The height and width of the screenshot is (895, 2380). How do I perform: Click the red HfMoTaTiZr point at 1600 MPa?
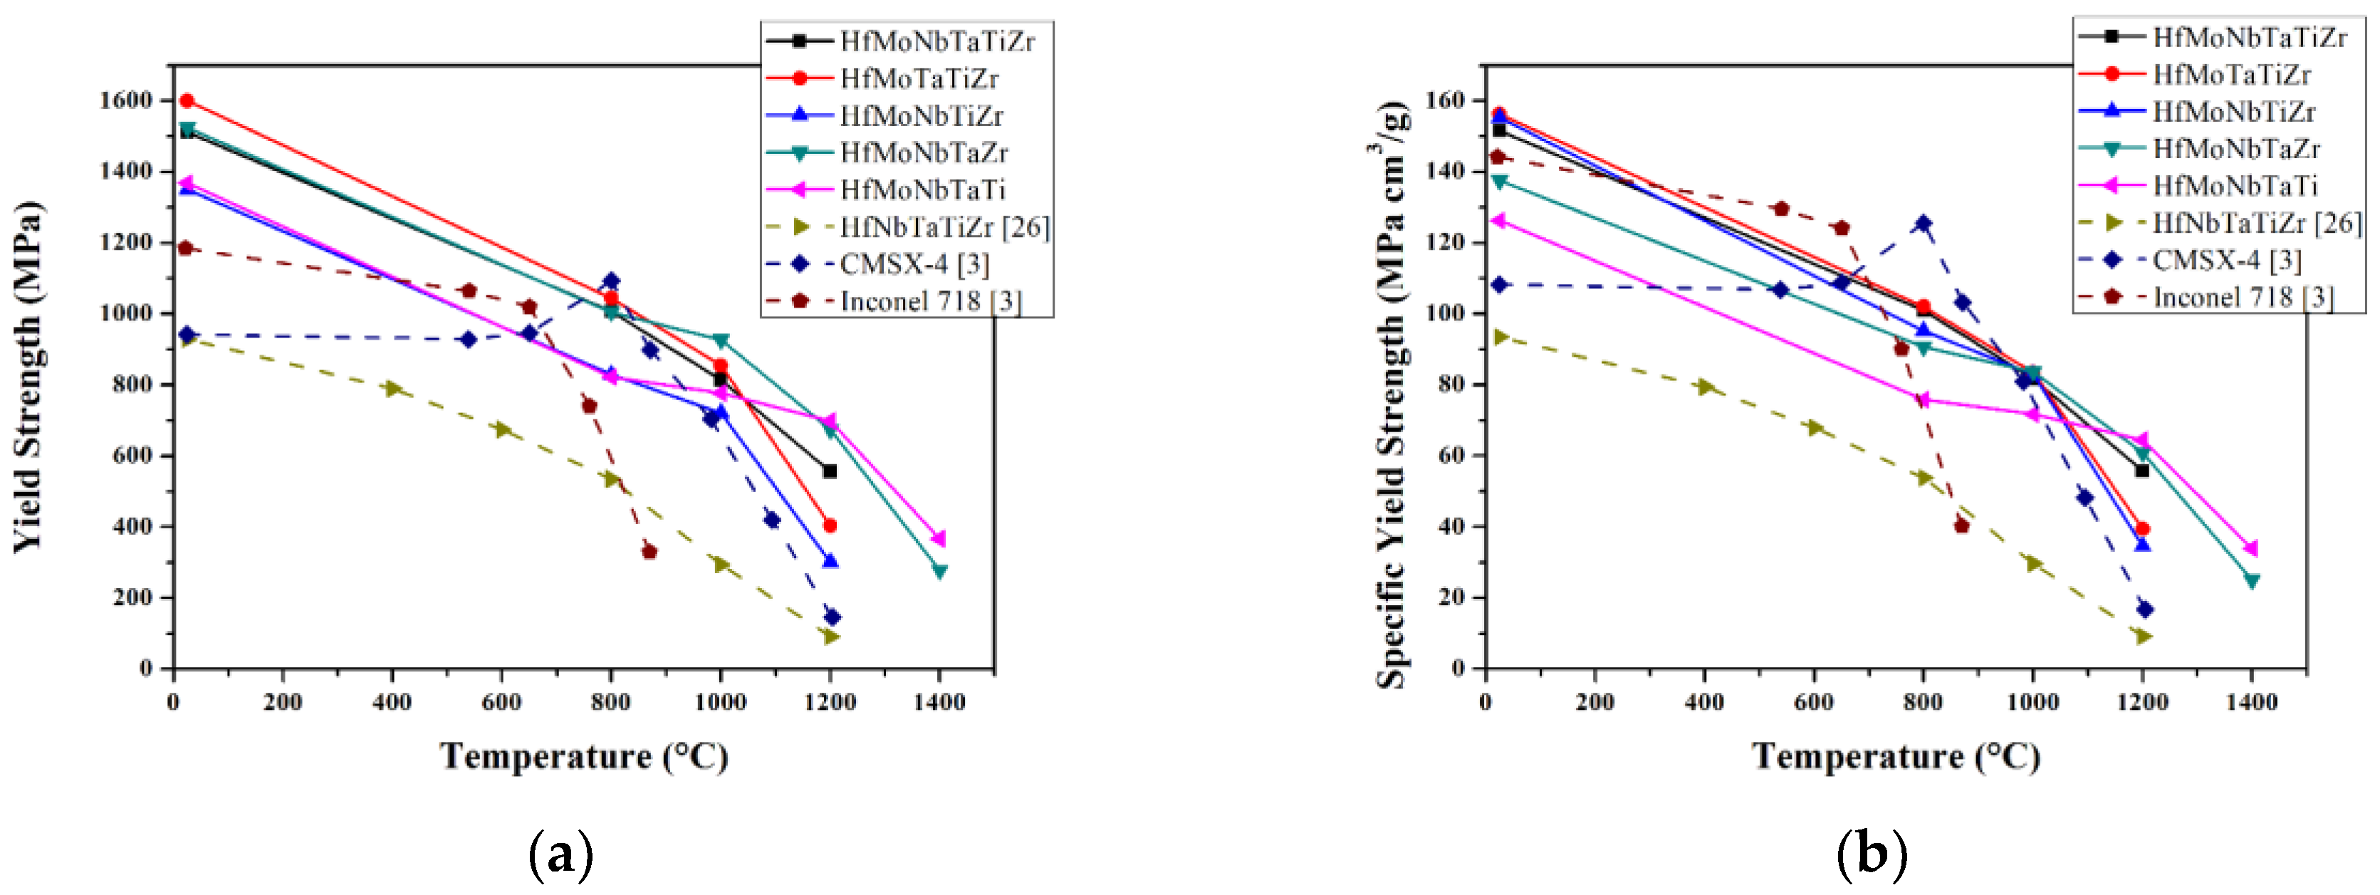pyautogui.click(x=187, y=100)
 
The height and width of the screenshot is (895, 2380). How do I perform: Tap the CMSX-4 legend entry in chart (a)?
pyautogui.click(x=913, y=264)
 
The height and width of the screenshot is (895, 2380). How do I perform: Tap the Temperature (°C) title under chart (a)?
pyautogui.click(x=584, y=756)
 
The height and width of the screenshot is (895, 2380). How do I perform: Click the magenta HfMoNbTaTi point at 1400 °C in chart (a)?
pyautogui.click(x=939, y=538)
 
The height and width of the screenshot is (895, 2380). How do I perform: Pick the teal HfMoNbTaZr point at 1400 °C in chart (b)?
pyautogui.click(x=2252, y=581)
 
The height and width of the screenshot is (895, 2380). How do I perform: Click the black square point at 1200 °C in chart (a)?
pyautogui.click(x=830, y=471)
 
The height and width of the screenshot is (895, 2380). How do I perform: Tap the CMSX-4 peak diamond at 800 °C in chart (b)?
pyautogui.click(x=1924, y=224)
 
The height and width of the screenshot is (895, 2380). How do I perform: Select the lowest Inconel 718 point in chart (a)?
pyautogui.click(x=649, y=551)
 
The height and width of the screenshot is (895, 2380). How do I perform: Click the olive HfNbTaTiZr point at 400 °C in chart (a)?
pyautogui.click(x=392, y=389)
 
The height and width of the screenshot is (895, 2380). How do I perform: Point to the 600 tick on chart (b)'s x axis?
pyautogui.click(x=1814, y=702)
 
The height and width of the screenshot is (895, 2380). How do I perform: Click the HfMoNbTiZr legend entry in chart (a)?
pyautogui.click(x=920, y=115)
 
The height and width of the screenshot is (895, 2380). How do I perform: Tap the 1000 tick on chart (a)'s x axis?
pyautogui.click(x=721, y=702)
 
